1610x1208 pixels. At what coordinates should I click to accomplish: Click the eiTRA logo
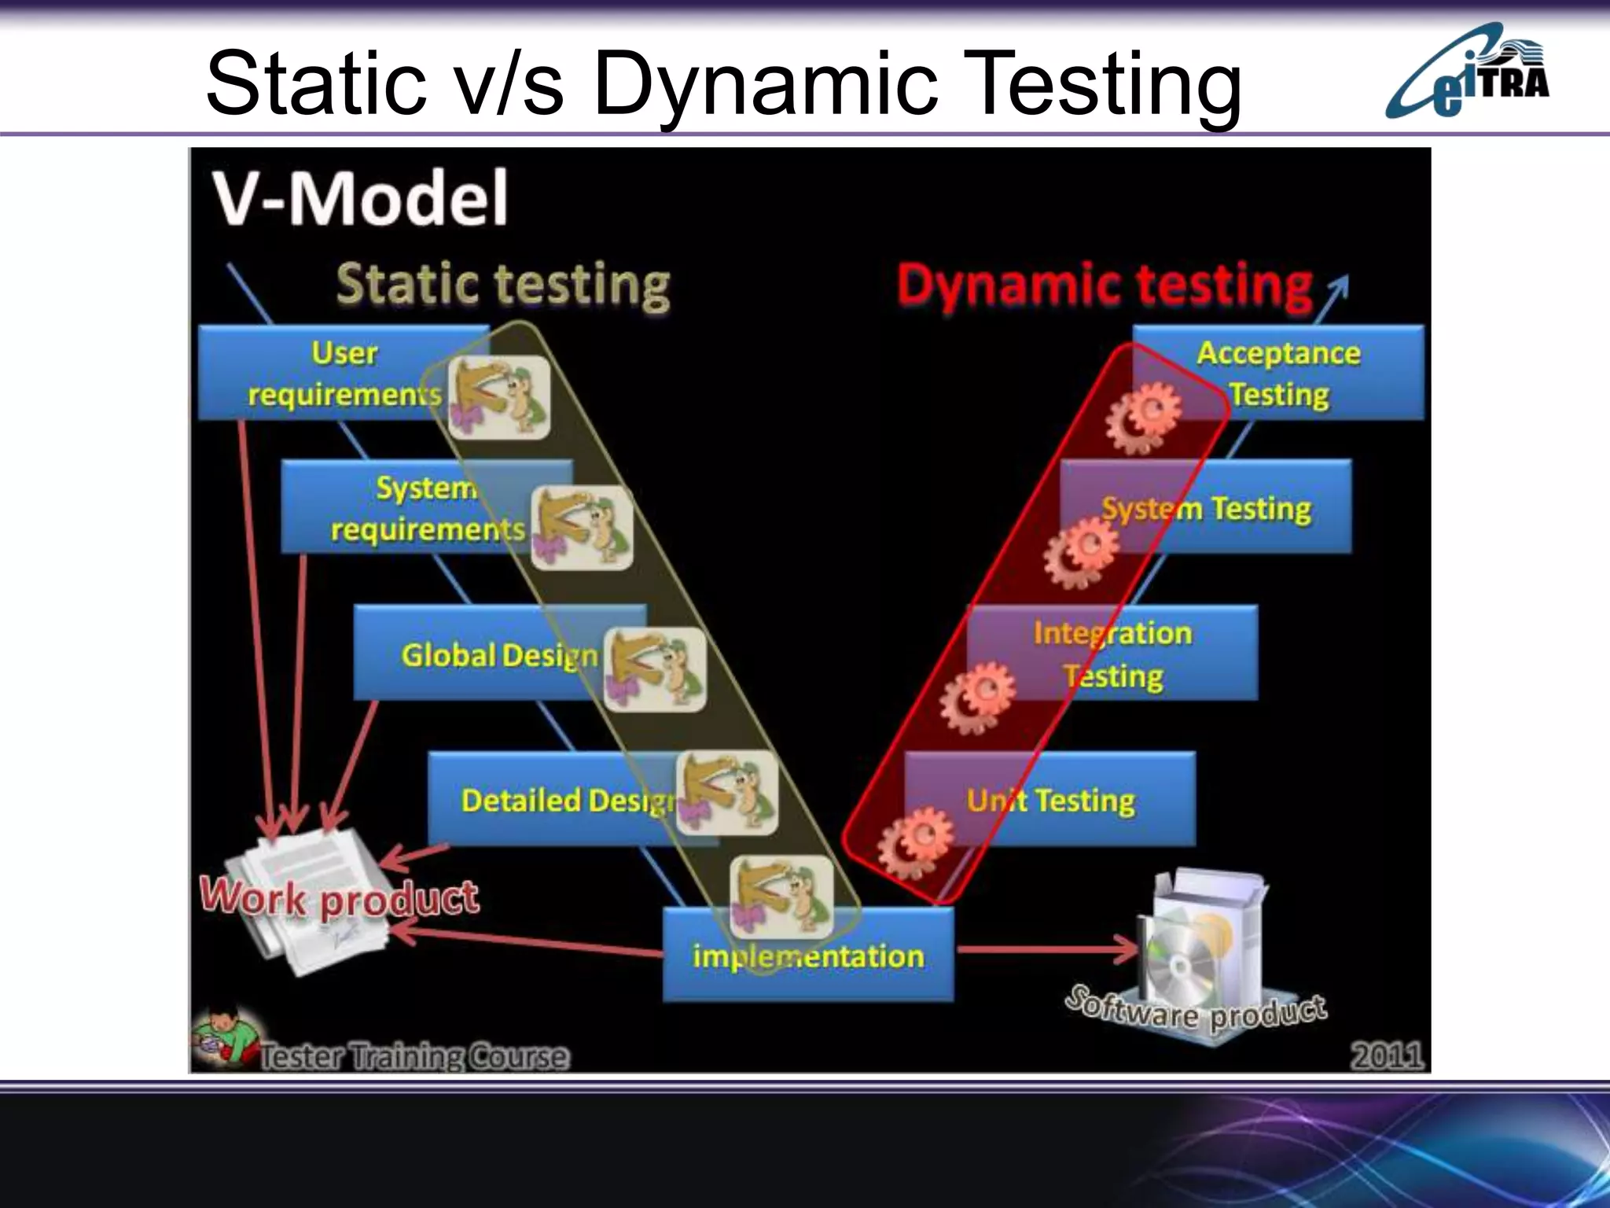pyautogui.click(x=1467, y=72)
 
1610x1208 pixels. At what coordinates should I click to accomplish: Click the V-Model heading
pyautogui.click(x=360, y=198)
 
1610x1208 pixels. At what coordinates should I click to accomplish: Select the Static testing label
pyautogui.click(x=503, y=285)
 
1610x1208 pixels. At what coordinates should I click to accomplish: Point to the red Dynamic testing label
pyautogui.click(x=1105, y=285)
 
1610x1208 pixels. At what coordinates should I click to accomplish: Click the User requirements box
pyautogui.click(x=330, y=373)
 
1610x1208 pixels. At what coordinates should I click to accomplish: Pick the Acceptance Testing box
pyautogui.click(x=1289, y=373)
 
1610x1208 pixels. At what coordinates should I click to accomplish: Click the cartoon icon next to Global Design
pyautogui.click(x=655, y=669)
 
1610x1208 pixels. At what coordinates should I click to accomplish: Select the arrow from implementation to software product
pyautogui.click(x=1046, y=949)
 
